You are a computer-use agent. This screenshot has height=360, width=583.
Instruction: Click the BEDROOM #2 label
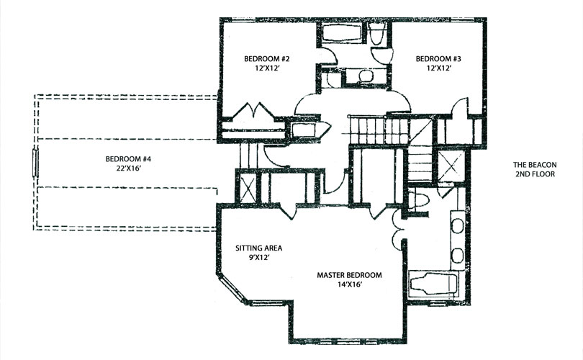point(266,59)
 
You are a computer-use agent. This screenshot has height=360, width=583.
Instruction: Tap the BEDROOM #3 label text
point(438,59)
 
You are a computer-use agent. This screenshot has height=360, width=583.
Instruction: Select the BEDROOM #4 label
point(128,159)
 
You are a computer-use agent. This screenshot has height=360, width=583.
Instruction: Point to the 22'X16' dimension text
point(128,168)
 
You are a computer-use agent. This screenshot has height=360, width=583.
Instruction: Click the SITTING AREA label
point(259,248)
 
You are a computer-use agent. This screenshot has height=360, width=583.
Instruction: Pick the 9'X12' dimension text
point(259,257)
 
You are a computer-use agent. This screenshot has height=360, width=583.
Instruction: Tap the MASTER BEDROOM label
point(349,275)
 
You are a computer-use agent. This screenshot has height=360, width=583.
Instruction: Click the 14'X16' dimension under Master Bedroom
point(349,284)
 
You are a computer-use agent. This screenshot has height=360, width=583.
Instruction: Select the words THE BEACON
point(535,165)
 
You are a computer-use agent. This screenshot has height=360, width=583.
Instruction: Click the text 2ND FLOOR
point(535,174)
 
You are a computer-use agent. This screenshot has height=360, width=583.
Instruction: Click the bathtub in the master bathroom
point(433,285)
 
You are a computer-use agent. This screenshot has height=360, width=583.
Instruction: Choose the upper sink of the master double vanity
point(457,226)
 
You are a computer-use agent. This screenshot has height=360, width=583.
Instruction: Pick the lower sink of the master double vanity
point(457,256)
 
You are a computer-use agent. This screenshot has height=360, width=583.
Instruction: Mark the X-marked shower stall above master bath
point(451,166)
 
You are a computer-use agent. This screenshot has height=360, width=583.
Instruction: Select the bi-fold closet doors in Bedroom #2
point(253,111)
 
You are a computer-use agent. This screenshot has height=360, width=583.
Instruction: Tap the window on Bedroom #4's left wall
point(36,162)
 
